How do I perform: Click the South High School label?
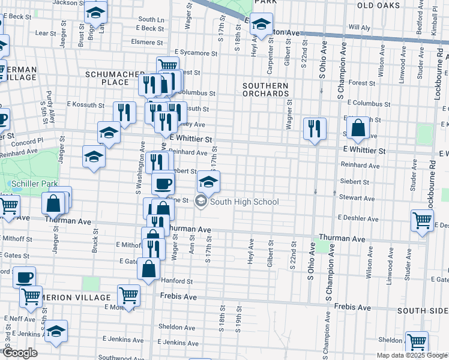click(x=244, y=202)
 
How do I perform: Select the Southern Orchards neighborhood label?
click(x=265, y=89)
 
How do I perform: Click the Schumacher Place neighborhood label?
click(x=107, y=77)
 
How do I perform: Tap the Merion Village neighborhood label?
click(x=76, y=298)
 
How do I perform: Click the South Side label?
click(x=423, y=310)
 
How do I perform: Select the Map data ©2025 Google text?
click(x=411, y=355)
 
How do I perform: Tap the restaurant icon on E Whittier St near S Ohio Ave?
click(x=315, y=128)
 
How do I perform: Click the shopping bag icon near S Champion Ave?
click(x=358, y=128)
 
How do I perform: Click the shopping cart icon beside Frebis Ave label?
click(x=128, y=295)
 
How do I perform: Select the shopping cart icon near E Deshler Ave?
click(x=422, y=220)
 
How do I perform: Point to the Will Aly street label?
click(x=359, y=28)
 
